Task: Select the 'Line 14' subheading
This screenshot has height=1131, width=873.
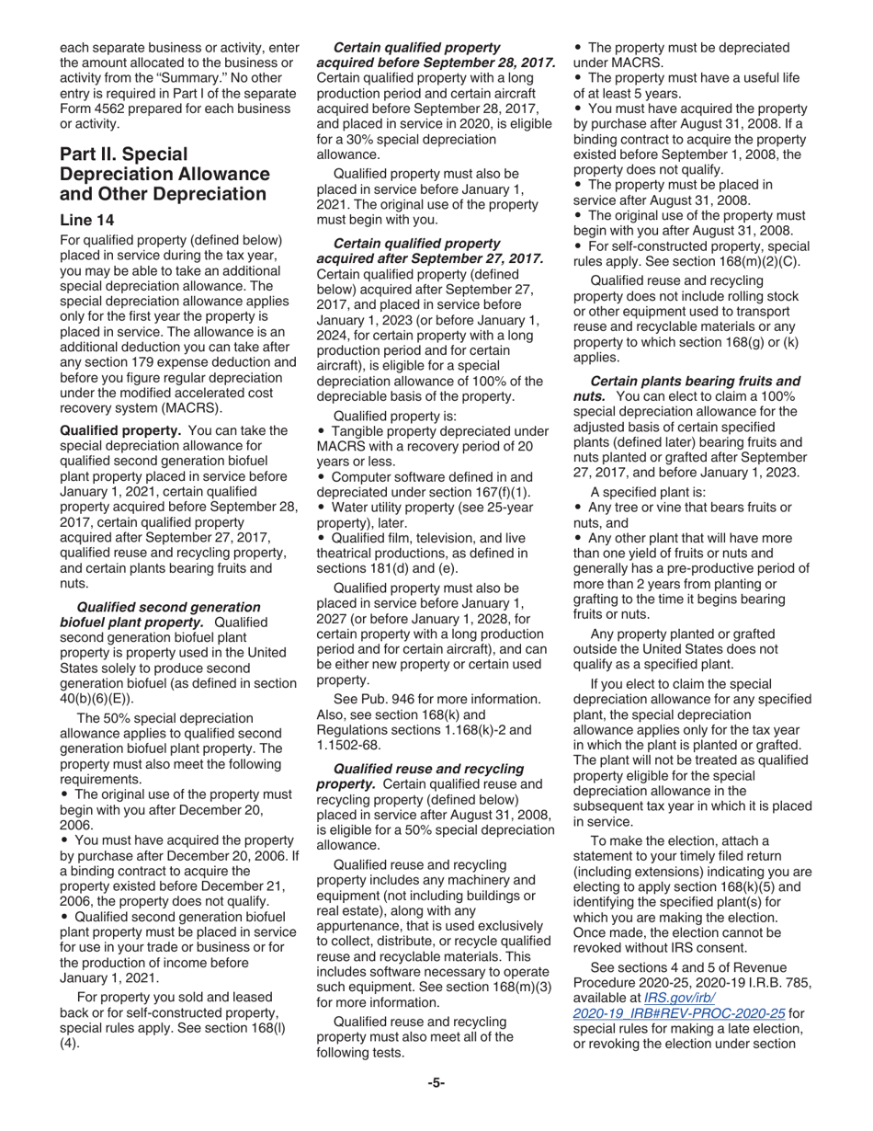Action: [x=89, y=220]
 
